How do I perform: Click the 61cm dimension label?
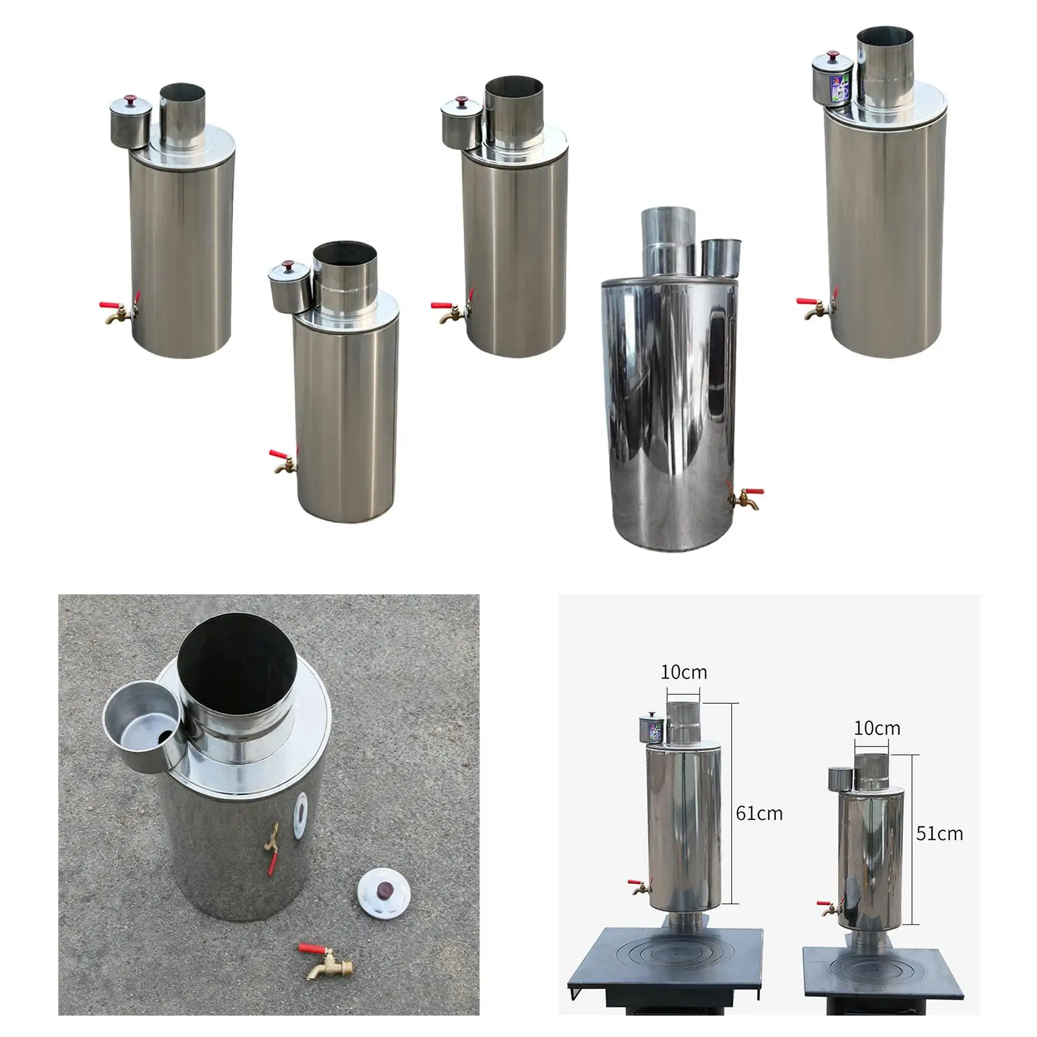(x=759, y=813)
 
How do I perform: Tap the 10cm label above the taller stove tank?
(x=683, y=672)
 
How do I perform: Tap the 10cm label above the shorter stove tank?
(x=876, y=728)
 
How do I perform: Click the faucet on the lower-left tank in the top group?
(x=283, y=461)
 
